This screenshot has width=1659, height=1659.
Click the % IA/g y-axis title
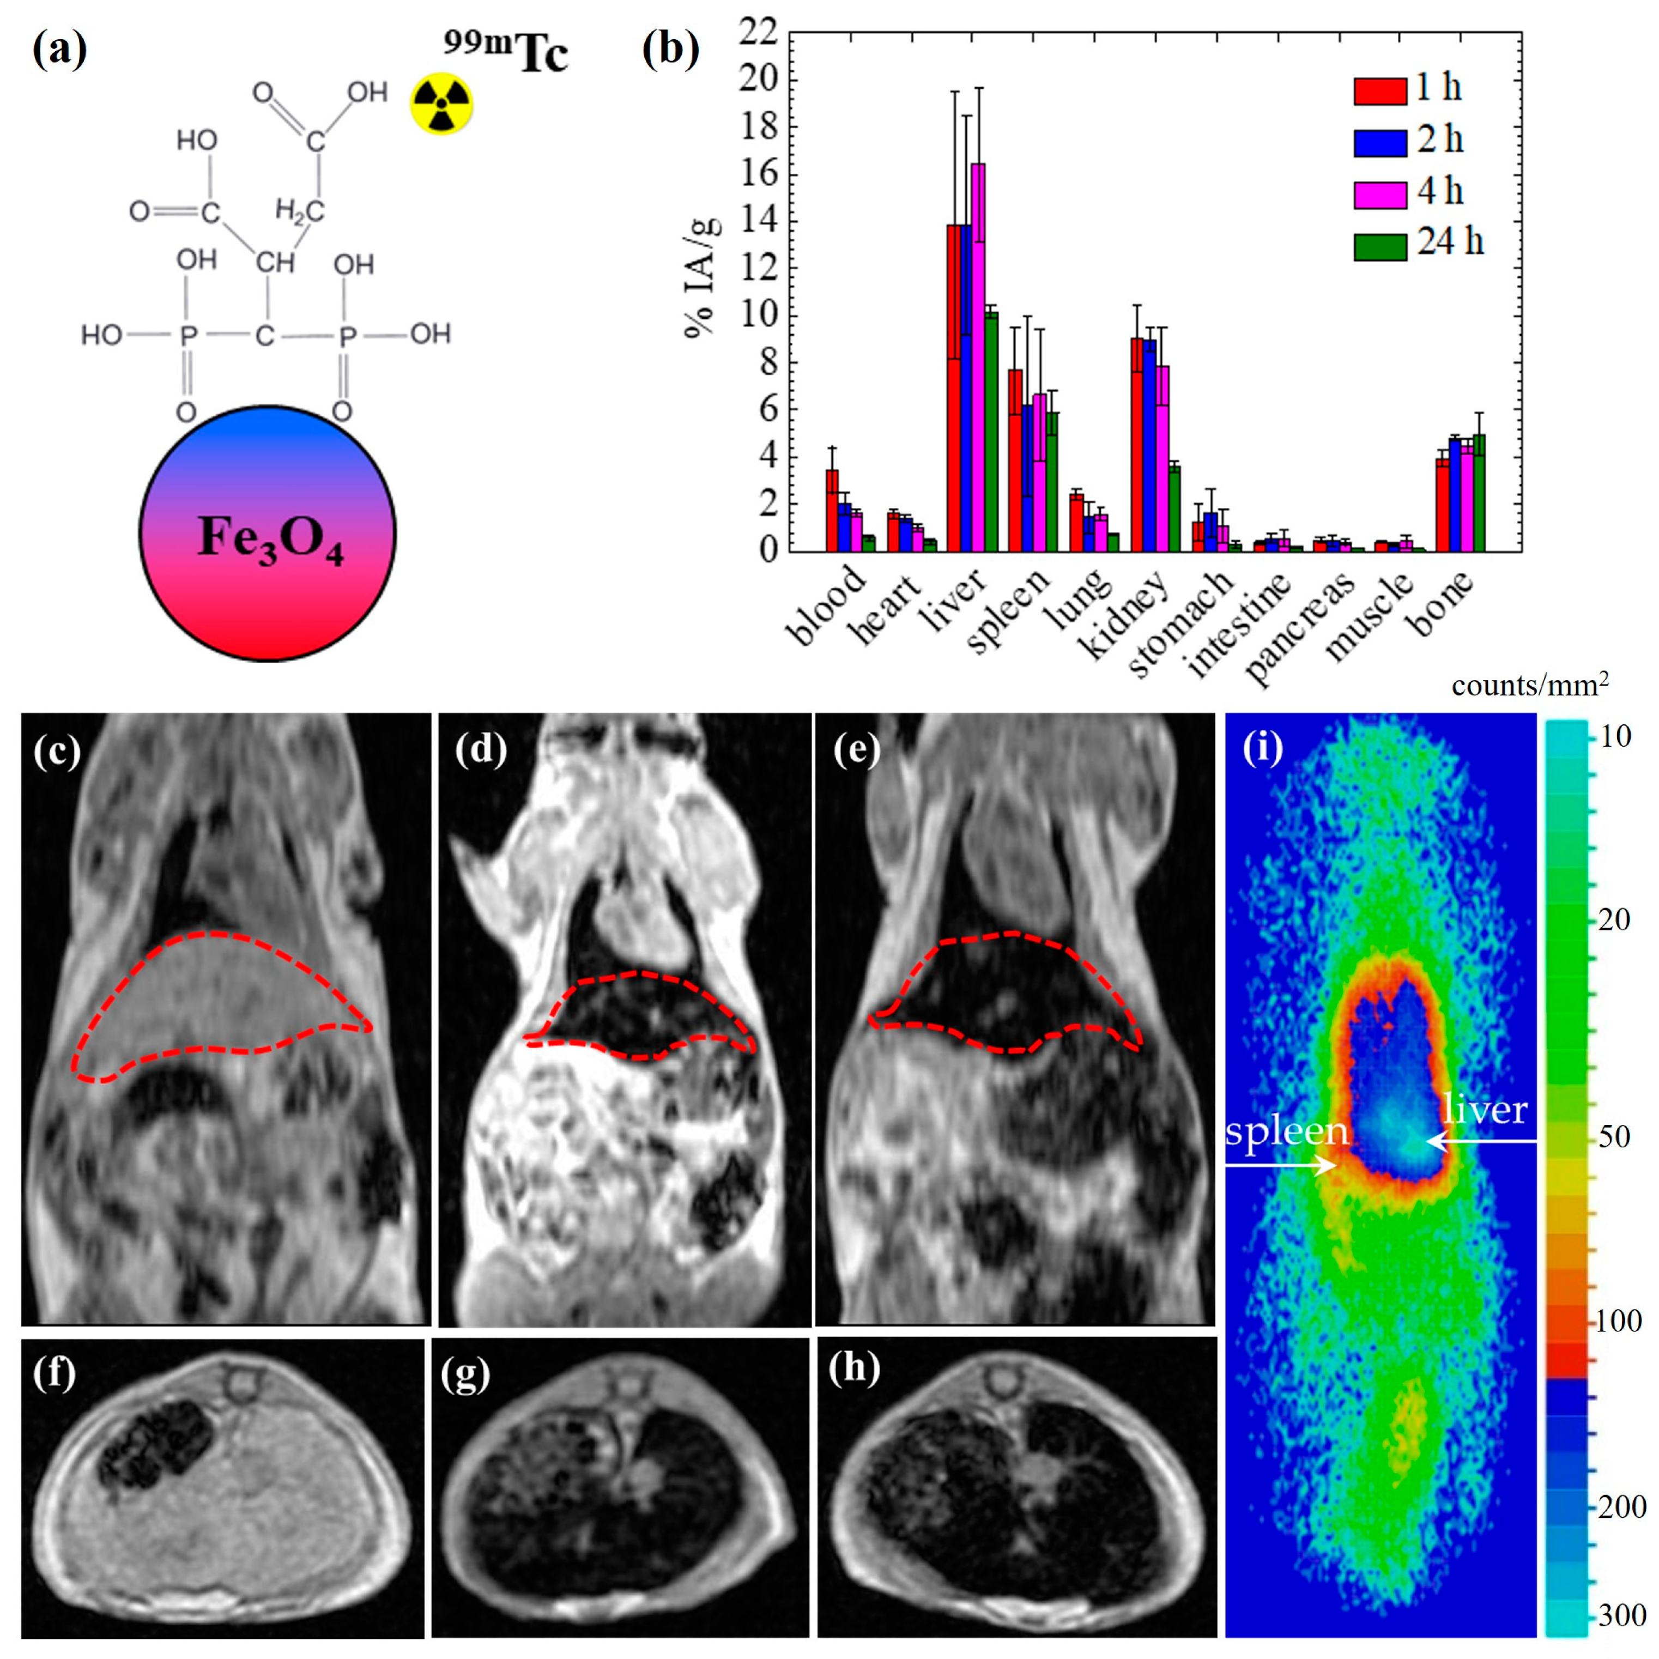click(x=703, y=276)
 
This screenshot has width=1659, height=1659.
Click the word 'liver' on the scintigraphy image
click(x=1485, y=1110)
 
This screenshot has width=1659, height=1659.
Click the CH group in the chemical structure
click(x=274, y=262)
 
